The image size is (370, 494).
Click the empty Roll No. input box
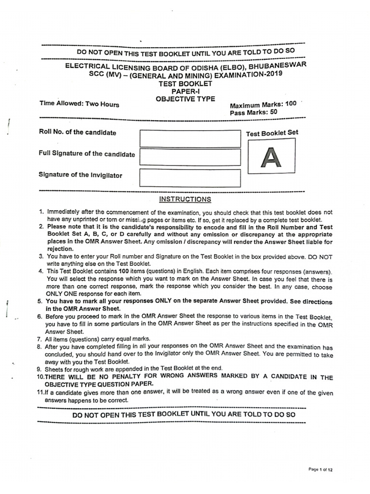(x=190, y=138)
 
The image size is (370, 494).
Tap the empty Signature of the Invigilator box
(x=190, y=178)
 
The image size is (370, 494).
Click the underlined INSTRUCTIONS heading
(x=185, y=199)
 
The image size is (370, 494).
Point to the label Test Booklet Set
(x=272, y=133)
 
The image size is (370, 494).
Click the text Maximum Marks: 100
(x=263, y=105)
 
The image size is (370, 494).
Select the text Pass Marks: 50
(x=253, y=112)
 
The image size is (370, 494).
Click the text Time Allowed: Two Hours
(x=79, y=104)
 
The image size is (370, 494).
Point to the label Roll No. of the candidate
(x=77, y=133)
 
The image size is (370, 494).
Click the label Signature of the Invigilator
(x=80, y=175)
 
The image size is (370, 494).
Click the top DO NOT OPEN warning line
(x=185, y=52)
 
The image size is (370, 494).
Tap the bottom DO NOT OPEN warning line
(x=184, y=414)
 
